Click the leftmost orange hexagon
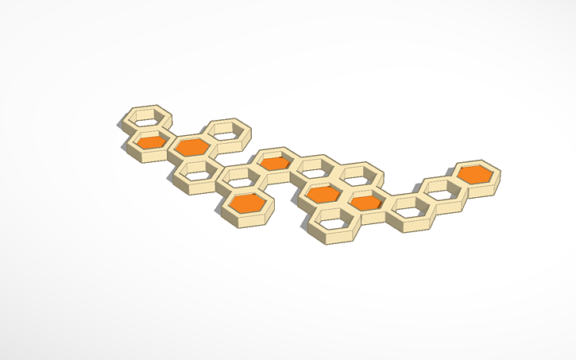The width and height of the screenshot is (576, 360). [x=152, y=141]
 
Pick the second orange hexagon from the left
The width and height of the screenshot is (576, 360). [x=191, y=146]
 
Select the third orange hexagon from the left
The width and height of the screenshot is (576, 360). [x=249, y=203]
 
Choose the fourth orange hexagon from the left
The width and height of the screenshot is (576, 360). [x=275, y=163]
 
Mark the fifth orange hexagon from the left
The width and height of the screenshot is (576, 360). [x=323, y=193]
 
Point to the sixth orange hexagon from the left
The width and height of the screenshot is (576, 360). [x=366, y=203]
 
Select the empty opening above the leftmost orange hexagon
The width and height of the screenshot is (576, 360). [x=149, y=116]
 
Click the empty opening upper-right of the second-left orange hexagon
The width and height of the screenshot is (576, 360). [x=229, y=130]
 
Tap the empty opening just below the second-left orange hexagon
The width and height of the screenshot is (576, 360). [x=196, y=169]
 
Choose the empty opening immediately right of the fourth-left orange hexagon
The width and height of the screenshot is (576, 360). [x=316, y=167]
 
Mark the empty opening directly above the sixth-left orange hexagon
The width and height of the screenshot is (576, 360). [x=358, y=174]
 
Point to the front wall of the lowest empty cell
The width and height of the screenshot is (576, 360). [x=335, y=237]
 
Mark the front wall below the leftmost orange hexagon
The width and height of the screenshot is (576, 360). [x=151, y=156]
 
